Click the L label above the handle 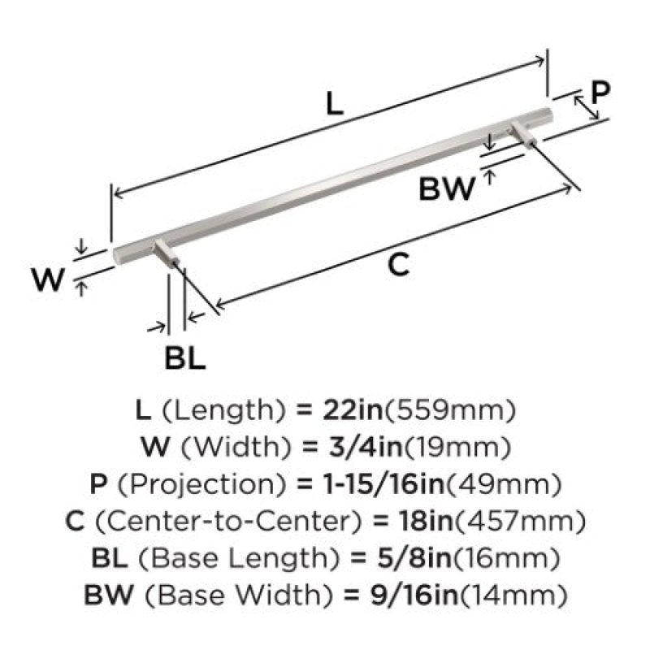335,104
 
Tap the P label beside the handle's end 600,93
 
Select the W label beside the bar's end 49,279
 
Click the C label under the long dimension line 399,265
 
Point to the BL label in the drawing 185,358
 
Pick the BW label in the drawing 446,188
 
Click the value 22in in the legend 353,410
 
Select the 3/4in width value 365,447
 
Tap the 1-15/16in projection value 383,483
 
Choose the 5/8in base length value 414,557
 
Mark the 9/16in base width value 414,595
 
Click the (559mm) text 450,410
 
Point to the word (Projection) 201,484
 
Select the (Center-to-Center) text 229,521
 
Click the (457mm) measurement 520,521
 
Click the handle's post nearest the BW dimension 523,134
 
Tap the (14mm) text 513,596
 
